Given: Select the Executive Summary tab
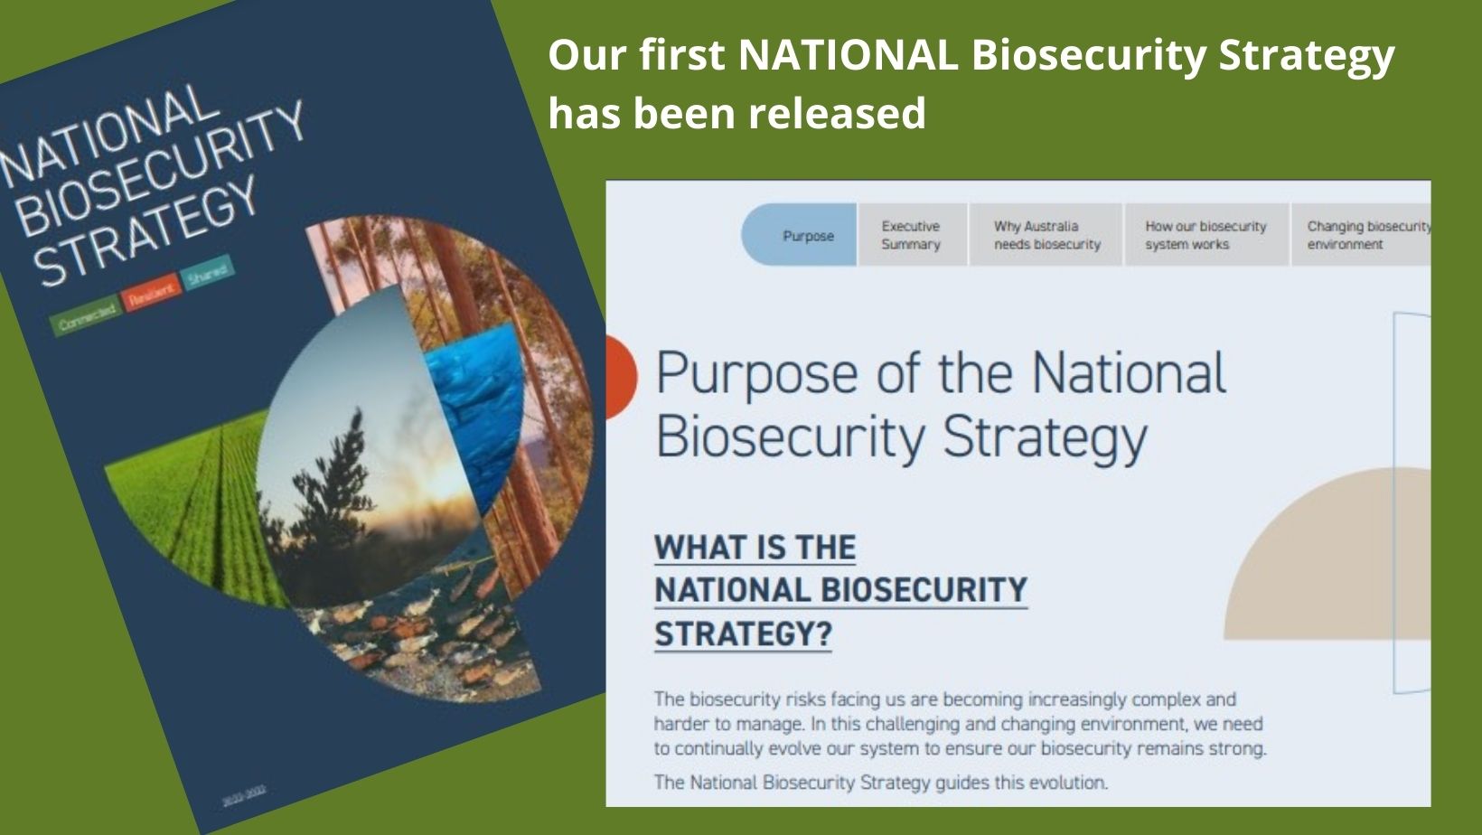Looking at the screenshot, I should point(911,235).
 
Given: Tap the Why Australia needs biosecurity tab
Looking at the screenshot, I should point(1046,235).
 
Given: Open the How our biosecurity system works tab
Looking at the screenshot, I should point(1205,235).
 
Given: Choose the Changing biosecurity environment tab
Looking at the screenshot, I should point(1365,235).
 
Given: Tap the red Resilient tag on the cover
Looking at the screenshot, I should point(150,293).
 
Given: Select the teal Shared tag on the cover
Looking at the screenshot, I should point(207,274).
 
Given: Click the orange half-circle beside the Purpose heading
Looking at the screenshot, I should point(622,377).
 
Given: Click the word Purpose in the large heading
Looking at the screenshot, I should point(756,373).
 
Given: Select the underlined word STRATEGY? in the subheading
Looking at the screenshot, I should point(743,633).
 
